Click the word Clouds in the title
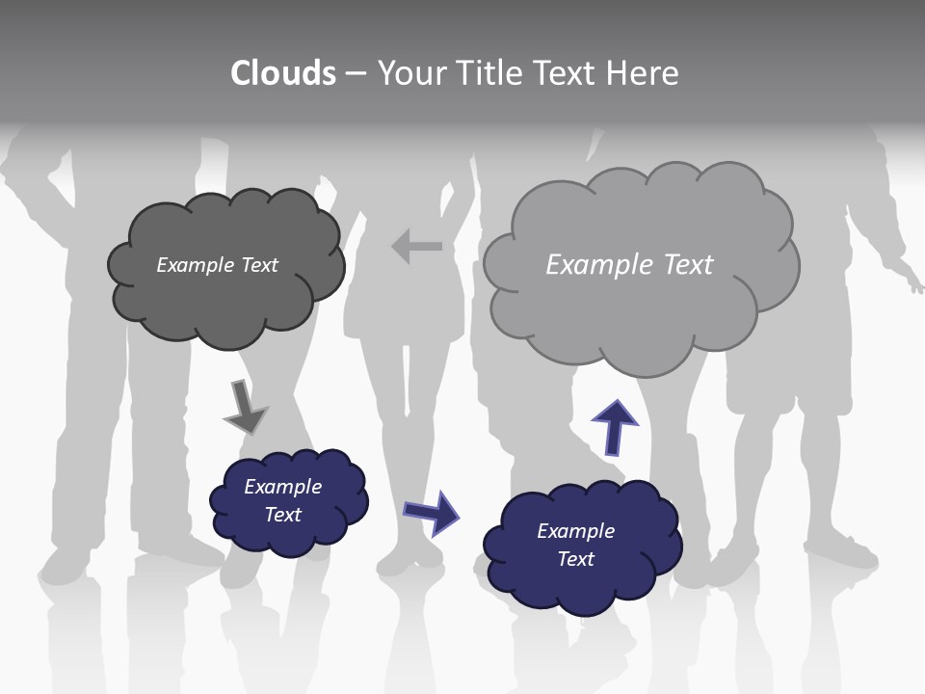pos(283,73)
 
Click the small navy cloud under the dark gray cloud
pos(289,535)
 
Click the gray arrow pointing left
pos(416,247)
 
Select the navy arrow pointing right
pos(432,512)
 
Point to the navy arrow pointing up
pos(614,426)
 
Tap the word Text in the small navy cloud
pos(283,515)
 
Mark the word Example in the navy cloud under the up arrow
pos(575,531)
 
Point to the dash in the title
pos(356,74)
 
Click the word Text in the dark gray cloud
pos(258,265)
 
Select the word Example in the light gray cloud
pos(596,265)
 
